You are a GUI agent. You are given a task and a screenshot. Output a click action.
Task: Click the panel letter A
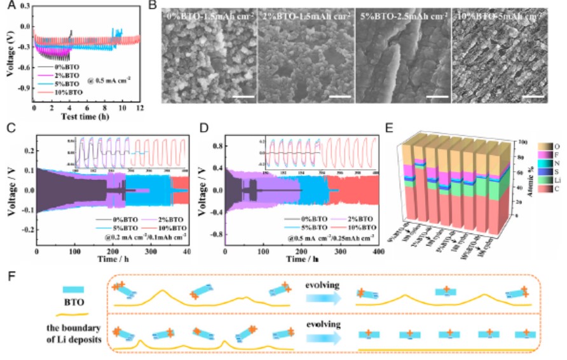[10, 6]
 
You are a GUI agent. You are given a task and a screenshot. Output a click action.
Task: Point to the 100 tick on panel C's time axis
[75, 253]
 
